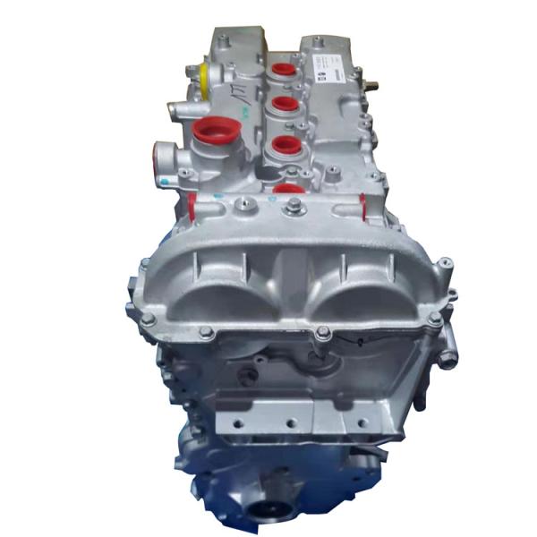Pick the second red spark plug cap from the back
[286, 105]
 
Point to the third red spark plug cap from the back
[286, 144]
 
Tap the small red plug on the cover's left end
[192, 207]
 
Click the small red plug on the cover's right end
[362, 206]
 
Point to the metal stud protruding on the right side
[373, 86]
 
